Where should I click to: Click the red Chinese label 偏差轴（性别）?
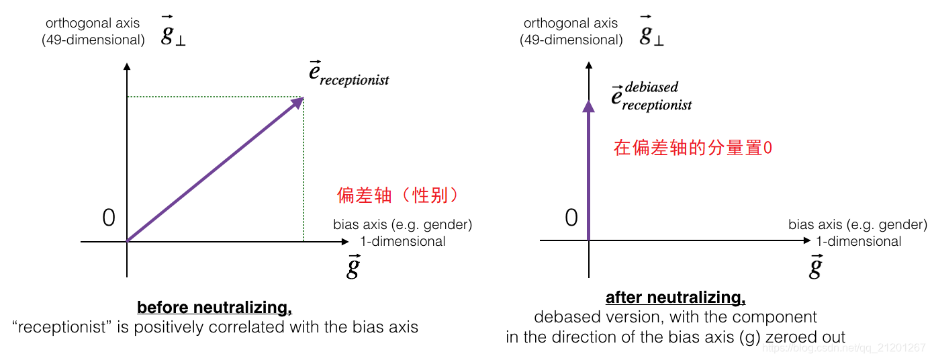(400, 195)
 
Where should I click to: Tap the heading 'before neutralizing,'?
(215, 308)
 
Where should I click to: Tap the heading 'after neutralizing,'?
(675, 297)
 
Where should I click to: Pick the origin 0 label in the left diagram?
(109, 218)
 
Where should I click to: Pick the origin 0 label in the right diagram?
(571, 218)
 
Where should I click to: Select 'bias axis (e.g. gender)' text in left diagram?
(403, 224)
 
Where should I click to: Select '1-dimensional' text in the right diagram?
(859, 241)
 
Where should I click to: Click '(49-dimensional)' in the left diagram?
(93, 40)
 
